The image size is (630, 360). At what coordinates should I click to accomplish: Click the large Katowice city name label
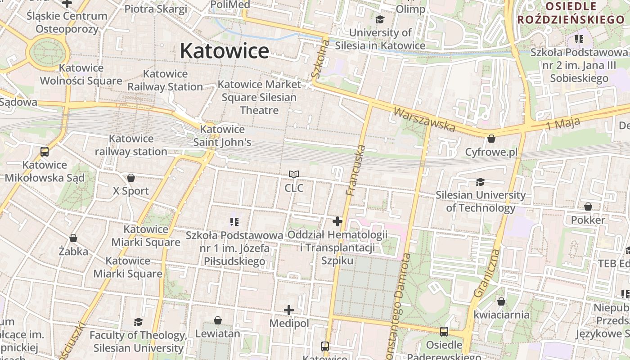tap(225, 51)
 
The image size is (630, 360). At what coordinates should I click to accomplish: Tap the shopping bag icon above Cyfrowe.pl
tap(491, 139)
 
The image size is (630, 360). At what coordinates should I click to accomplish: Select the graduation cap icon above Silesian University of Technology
tap(480, 182)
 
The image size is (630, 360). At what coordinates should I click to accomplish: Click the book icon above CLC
tap(294, 174)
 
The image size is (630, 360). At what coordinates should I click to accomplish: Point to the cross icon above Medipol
tap(289, 310)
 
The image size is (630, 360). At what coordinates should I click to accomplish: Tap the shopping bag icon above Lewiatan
tap(218, 320)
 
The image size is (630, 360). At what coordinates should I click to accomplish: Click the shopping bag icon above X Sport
tap(131, 178)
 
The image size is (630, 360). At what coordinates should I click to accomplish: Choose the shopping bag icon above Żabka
tap(73, 238)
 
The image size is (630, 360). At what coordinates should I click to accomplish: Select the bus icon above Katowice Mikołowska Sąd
tap(45, 152)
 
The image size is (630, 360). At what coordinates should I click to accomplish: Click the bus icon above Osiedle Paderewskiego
tap(444, 332)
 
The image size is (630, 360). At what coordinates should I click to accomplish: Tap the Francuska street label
tap(355, 170)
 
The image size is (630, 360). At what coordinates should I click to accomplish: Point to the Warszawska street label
tap(424, 119)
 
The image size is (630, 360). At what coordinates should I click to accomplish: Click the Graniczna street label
tap(486, 274)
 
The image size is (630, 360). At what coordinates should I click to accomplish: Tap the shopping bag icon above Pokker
tap(588, 207)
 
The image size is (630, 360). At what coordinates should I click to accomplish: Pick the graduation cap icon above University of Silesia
tap(380, 19)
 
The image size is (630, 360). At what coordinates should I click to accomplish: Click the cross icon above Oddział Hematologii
tap(337, 221)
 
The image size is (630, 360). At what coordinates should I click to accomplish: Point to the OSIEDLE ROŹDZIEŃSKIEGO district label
tap(571, 13)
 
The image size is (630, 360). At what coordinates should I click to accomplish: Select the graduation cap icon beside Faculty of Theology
tap(138, 322)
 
